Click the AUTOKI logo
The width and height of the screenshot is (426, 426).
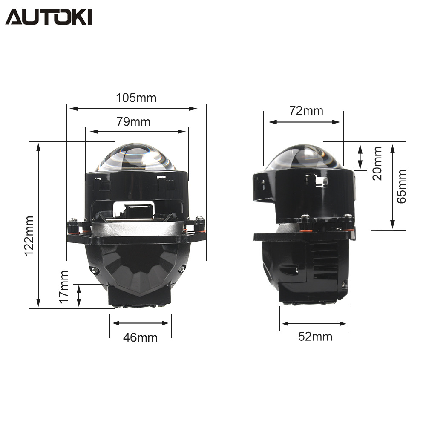pos(49,17)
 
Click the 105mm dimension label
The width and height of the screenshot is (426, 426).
pos(136,98)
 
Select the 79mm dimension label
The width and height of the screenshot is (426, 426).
pos(133,122)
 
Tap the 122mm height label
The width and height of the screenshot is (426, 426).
pos(29,236)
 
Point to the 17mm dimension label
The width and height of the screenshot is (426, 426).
pos(64,287)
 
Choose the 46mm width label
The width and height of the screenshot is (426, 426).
pos(140,338)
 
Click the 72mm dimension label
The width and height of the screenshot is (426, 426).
pos(306,111)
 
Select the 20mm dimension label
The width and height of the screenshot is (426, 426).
pos(377,163)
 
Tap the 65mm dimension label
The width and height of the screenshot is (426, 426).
pos(401,187)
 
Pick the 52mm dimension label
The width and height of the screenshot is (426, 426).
pos(315,337)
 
